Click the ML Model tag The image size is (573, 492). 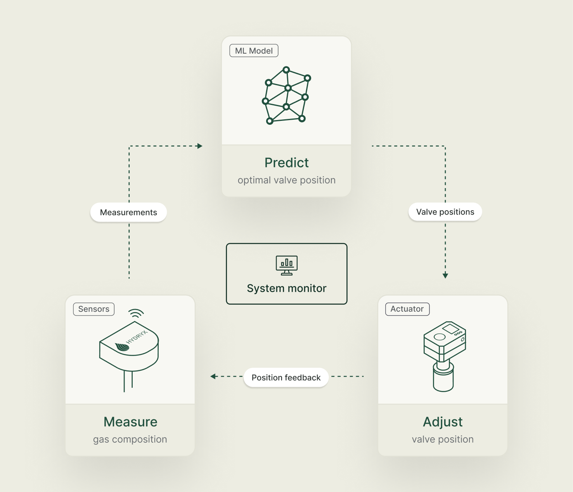click(254, 51)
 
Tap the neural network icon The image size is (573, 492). click(287, 95)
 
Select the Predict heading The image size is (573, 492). click(286, 163)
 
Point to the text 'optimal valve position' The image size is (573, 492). click(286, 180)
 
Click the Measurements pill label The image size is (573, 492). click(128, 213)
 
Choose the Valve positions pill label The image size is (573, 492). click(445, 212)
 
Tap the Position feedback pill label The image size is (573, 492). click(286, 378)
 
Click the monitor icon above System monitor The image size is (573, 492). click(287, 265)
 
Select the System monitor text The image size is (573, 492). click(287, 288)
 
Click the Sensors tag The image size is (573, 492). click(94, 309)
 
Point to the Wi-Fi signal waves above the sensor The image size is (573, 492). click(136, 313)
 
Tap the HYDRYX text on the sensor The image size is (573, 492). click(137, 337)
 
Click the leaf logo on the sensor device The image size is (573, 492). click(122, 346)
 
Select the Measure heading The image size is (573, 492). click(130, 422)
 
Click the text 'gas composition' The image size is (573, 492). click(130, 440)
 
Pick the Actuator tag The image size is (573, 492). click(407, 309)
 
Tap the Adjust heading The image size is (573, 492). click(443, 422)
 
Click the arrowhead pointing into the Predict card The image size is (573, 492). click(200, 146)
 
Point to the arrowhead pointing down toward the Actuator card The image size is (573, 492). click(445, 276)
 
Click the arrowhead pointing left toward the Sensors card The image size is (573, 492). click(213, 376)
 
